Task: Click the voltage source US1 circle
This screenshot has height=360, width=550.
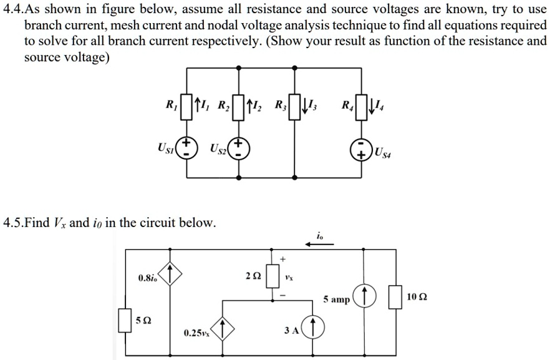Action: tap(185, 148)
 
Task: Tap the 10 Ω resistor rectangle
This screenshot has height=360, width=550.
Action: tap(395, 298)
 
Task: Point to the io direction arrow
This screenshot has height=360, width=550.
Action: tap(320, 245)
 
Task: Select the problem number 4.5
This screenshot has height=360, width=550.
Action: tap(12, 223)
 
